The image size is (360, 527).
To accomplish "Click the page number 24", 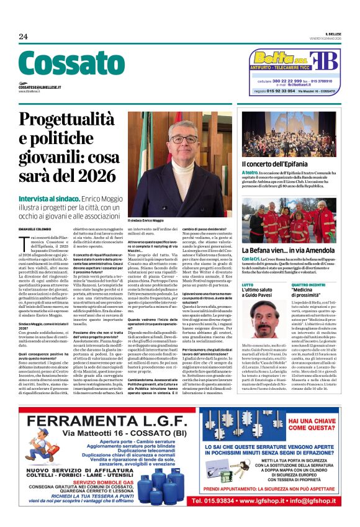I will pos(23,37).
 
